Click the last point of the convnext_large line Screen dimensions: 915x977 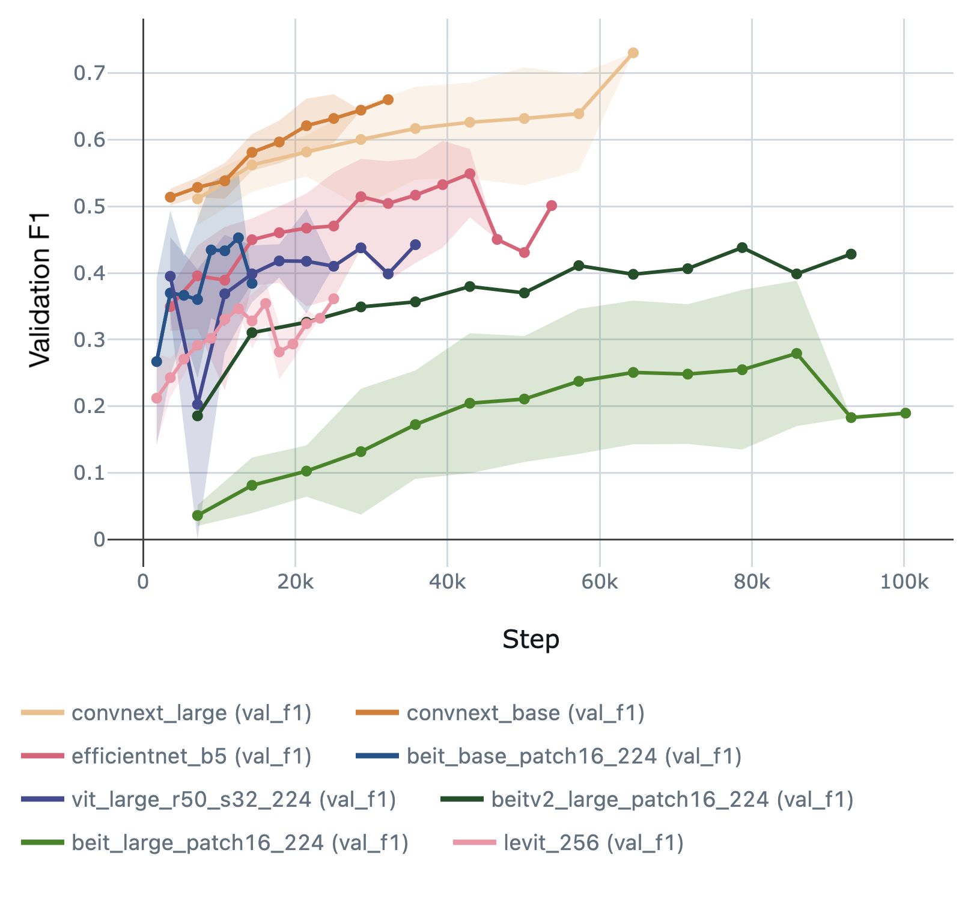[x=633, y=53]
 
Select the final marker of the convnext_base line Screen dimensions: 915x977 [x=388, y=99]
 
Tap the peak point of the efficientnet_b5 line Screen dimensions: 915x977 [x=470, y=174]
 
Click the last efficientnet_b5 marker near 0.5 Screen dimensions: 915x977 [x=552, y=206]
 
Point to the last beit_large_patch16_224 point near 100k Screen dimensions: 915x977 [x=905, y=413]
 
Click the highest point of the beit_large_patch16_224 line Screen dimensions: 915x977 [x=797, y=353]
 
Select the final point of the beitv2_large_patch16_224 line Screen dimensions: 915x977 [x=851, y=254]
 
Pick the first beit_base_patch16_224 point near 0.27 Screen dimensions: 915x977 [x=157, y=361]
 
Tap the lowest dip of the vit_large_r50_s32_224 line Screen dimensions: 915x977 [x=198, y=404]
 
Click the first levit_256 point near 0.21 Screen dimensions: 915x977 [x=157, y=398]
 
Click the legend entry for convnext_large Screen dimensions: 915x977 [x=191, y=713]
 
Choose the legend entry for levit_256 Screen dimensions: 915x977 [x=593, y=843]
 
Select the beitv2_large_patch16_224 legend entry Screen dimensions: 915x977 [x=672, y=800]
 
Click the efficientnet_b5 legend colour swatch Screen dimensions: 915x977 [x=42, y=756]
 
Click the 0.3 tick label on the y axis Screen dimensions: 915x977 [x=89, y=340]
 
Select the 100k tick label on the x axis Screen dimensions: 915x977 [x=904, y=582]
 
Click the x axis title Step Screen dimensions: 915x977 [x=531, y=639]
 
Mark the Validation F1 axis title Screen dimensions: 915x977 [x=40, y=289]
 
